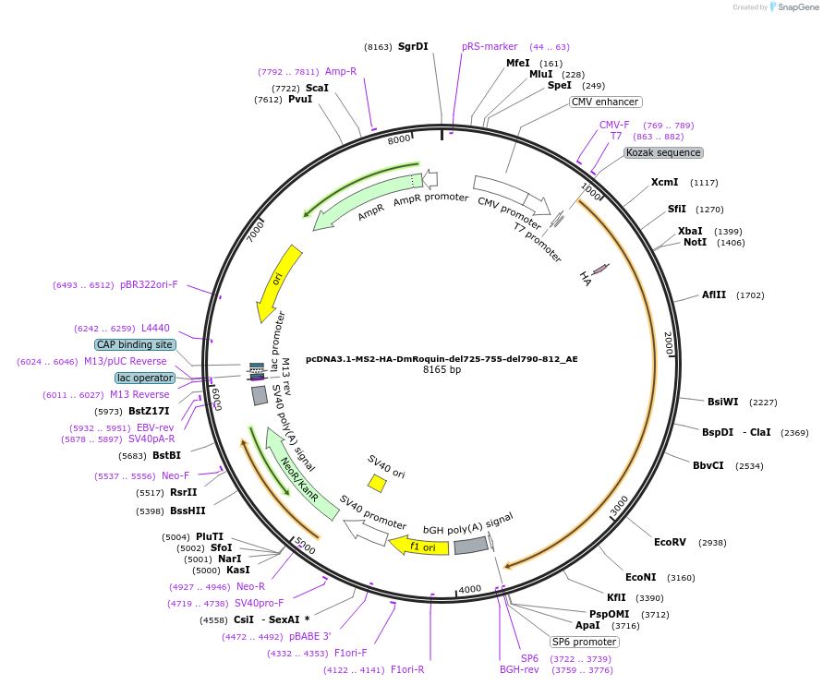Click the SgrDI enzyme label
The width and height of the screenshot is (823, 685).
(413, 46)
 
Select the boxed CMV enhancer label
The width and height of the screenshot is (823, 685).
(605, 102)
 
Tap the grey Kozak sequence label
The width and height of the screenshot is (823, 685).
(663, 152)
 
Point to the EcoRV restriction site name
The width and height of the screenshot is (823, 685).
(670, 542)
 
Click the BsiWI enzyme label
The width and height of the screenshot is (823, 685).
(722, 402)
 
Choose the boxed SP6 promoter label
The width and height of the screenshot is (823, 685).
(584, 642)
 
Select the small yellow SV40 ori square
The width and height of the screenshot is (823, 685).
(377, 483)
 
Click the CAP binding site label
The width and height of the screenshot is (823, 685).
(135, 344)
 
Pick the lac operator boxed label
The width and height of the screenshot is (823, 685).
(145, 378)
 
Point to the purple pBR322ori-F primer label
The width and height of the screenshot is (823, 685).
(149, 284)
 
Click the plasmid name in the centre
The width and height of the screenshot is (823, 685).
(442, 359)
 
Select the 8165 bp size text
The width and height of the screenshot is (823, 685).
(442, 370)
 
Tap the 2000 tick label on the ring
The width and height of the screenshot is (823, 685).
(669, 344)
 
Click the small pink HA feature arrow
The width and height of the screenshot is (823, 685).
(600, 269)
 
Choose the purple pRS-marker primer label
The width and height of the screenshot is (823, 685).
(490, 46)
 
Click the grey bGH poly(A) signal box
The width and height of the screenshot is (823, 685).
(470, 546)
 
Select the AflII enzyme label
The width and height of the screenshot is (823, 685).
(714, 295)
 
